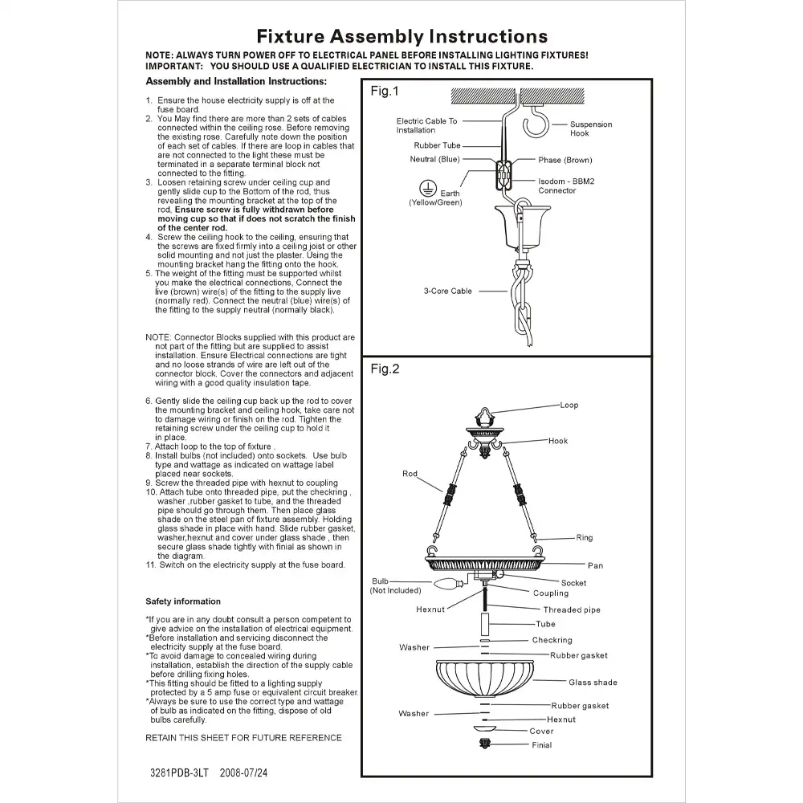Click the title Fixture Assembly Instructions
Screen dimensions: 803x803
pos(401,36)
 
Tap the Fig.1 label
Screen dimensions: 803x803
pos(384,92)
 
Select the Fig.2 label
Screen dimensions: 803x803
pos(385,369)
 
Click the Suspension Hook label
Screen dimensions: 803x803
pos(590,128)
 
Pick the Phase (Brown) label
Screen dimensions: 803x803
pos(565,161)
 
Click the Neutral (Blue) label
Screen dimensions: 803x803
pos(434,159)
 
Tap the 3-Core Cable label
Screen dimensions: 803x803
pos(448,291)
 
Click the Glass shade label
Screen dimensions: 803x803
pos(593,683)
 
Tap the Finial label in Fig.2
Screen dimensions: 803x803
pos(541,745)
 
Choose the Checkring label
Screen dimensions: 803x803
pos(552,640)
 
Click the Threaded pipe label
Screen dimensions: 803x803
pos(571,610)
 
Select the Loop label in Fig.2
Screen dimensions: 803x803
pos(569,406)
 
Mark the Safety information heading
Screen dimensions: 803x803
pos(182,601)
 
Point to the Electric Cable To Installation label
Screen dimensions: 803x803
pos(426,125)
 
